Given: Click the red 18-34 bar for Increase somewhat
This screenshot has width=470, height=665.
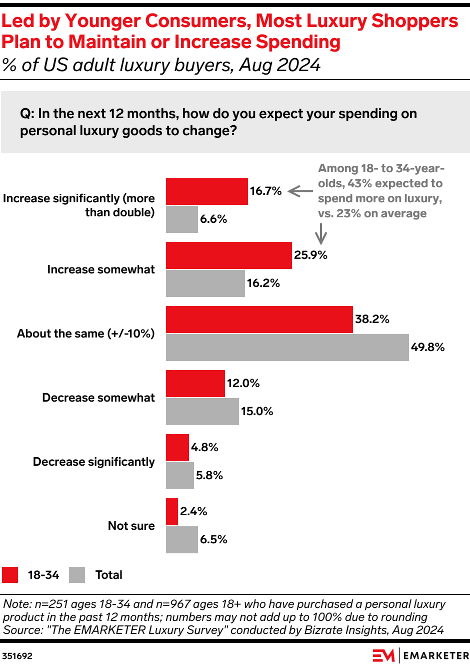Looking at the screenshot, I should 228,255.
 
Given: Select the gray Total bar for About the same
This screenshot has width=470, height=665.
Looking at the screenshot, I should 287,348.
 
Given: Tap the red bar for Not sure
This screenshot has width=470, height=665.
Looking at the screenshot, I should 171,512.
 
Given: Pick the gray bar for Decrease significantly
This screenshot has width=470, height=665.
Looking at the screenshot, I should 179,476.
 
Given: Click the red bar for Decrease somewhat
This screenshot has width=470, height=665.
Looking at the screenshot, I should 195,384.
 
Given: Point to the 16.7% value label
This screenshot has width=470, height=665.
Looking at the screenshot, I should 265,191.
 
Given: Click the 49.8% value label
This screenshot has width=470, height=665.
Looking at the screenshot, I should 427,348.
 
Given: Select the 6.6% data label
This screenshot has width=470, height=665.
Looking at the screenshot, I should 213,219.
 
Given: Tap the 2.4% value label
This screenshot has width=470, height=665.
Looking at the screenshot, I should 193,512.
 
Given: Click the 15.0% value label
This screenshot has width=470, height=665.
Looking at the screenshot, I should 257,412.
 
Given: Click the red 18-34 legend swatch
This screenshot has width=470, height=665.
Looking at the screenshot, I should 10,575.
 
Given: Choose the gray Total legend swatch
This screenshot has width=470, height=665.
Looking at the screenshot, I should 77,575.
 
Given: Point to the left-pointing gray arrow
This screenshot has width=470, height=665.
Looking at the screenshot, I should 300,191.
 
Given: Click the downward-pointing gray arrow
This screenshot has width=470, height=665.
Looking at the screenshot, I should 320,233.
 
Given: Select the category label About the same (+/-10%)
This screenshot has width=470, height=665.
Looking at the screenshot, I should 85,334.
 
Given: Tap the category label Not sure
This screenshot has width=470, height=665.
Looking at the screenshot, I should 131,526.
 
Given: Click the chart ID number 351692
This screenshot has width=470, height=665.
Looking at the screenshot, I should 17,656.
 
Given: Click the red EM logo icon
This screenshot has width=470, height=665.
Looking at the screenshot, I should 383,655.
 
